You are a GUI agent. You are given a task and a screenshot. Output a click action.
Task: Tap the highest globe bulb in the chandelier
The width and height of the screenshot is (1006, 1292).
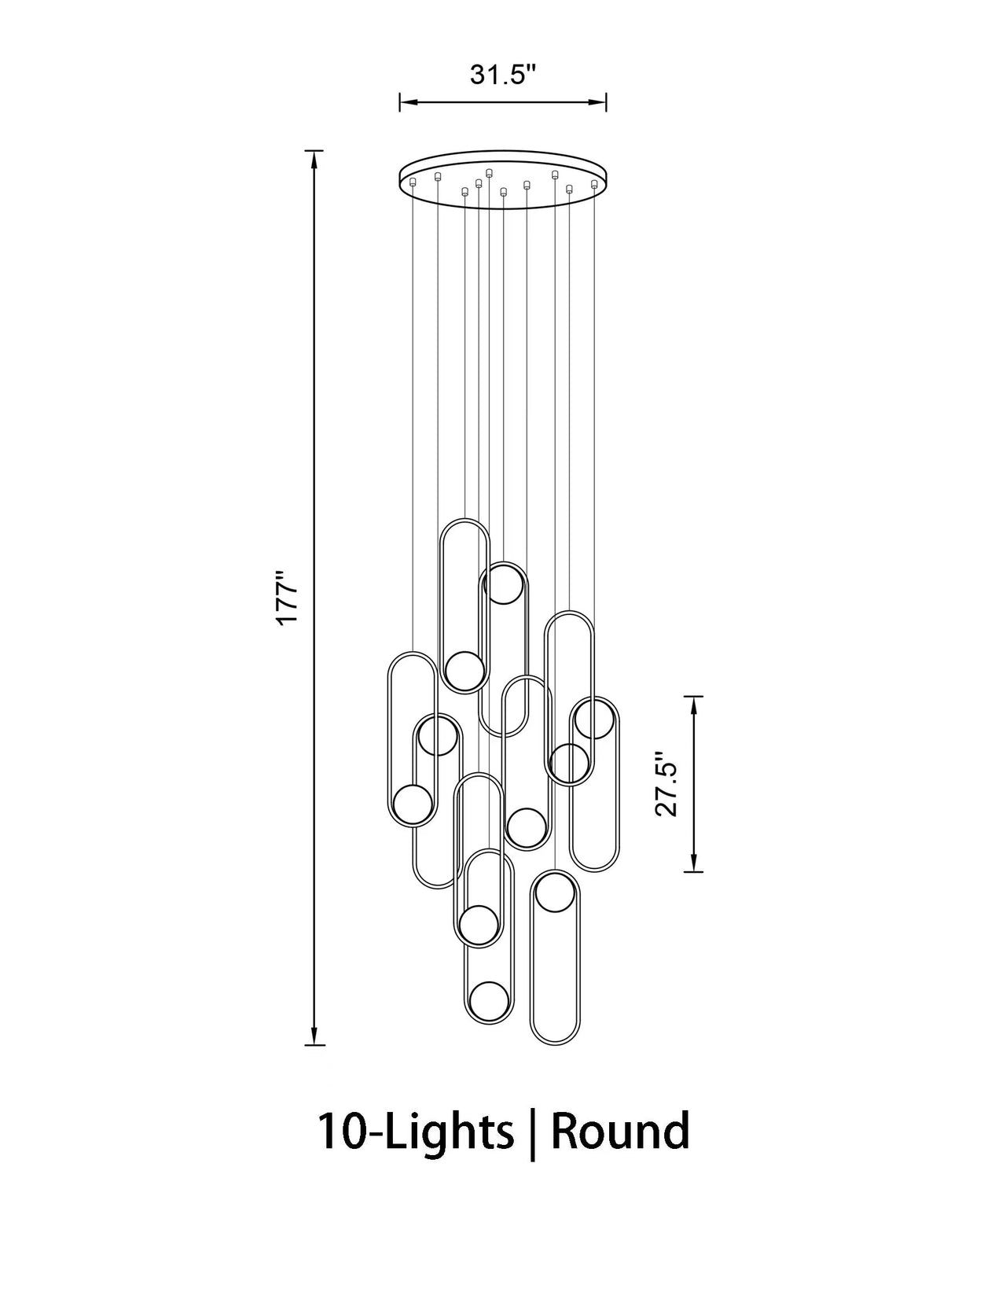504,583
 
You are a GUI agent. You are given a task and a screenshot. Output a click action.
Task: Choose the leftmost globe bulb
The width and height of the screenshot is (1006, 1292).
411,804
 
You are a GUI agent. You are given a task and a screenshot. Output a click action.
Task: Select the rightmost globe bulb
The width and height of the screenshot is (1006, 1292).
593,719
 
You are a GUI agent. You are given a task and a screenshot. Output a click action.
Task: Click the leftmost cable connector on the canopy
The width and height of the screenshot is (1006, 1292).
412,183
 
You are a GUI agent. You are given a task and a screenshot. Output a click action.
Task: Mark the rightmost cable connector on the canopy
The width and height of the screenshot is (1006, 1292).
594,184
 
